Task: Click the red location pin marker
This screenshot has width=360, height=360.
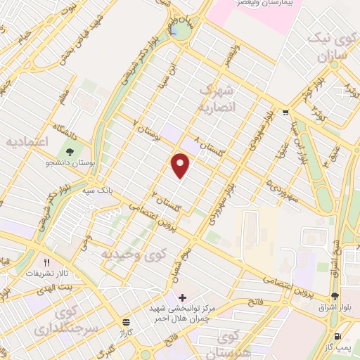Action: (181, 166)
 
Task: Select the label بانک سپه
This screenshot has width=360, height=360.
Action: (94, 190)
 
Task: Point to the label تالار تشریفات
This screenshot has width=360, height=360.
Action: (44, 273)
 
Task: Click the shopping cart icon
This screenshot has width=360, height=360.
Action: (285, 112)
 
